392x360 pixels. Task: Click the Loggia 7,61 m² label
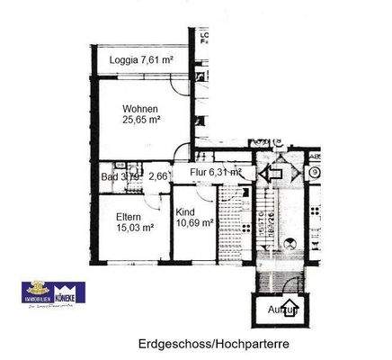141,60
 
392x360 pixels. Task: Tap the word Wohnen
141,109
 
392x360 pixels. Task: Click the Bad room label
111,176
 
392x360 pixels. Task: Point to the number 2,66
157,176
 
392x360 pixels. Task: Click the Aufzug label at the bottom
281,310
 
